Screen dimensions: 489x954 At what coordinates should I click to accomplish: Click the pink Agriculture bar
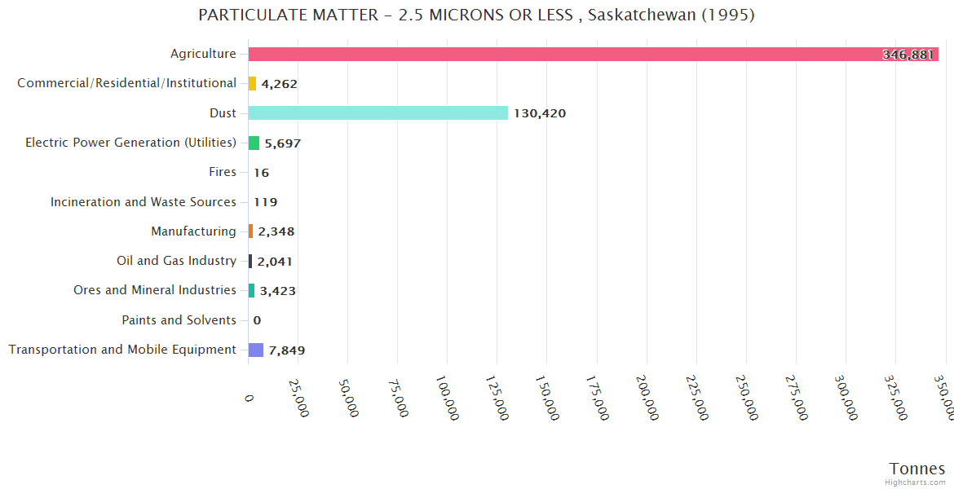click(571, 54)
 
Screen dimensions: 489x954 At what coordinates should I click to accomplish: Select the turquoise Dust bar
click(378, 113)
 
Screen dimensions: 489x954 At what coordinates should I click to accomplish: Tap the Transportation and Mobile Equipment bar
click(256, 350)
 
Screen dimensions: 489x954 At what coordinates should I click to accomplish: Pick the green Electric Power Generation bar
click(254, 143)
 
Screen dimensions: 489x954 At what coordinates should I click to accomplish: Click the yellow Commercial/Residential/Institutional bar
click(252, 83)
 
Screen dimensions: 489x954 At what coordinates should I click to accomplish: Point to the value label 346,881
click(908, 55)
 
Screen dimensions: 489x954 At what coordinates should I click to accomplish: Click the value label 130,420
click(539, 113)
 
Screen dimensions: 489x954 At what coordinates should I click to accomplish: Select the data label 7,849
click(287, 350)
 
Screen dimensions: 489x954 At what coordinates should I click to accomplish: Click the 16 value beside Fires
click(261, 173)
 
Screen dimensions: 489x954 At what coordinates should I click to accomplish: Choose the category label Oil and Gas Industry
click(176, 261)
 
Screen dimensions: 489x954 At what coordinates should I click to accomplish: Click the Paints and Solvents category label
click(179, 320)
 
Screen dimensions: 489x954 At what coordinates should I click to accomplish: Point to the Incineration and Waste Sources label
click(144, 202)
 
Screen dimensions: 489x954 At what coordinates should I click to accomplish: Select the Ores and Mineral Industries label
click(155, 290)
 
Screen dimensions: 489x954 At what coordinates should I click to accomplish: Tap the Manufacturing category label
click(193, 231)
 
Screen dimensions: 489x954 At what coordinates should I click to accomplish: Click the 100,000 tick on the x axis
click(447, 398)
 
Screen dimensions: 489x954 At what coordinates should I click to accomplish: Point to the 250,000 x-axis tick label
click(746, 398)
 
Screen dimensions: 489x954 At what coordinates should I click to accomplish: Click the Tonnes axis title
click(916, 468)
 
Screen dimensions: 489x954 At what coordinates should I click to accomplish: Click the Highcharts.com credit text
click(916, 482)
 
